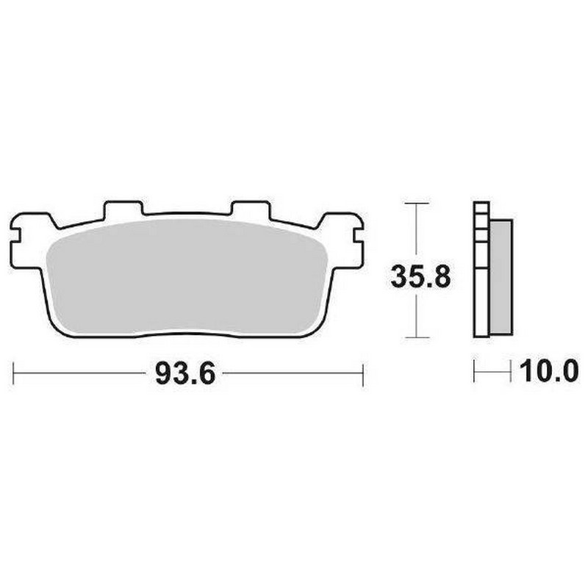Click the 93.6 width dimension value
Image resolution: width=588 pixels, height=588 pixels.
184,375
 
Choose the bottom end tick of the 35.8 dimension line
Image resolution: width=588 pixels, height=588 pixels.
417,338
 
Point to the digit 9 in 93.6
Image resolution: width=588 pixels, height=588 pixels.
163,375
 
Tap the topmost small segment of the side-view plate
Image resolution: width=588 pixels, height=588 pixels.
481,208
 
